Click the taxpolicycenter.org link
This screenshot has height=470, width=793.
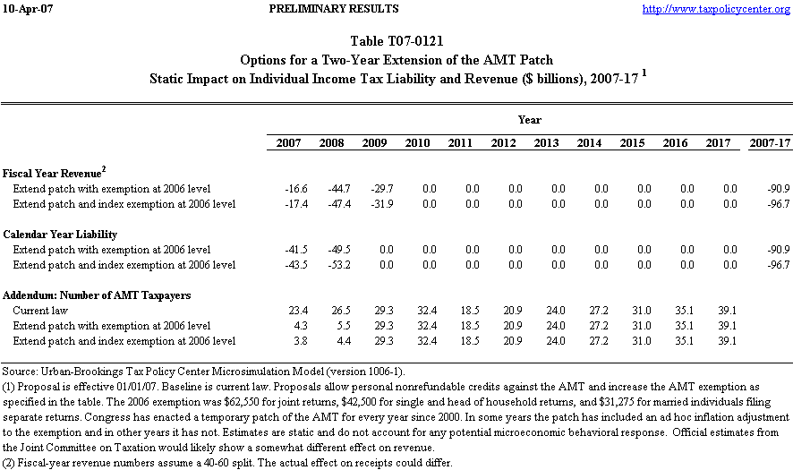(717, 9)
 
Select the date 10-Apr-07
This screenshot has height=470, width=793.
(28, 9)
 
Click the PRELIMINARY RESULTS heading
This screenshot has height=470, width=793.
(333, 9)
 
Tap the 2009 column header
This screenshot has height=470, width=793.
(373, 143)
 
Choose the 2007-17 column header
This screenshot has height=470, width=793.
(770, 143)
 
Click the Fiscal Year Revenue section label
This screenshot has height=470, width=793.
(55, 172)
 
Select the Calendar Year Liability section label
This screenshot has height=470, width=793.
(59, 235)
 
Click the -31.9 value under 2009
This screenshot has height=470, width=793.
(373, 204)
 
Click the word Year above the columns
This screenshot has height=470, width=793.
(529, 120)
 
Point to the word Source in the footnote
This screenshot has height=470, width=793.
(19, 371)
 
